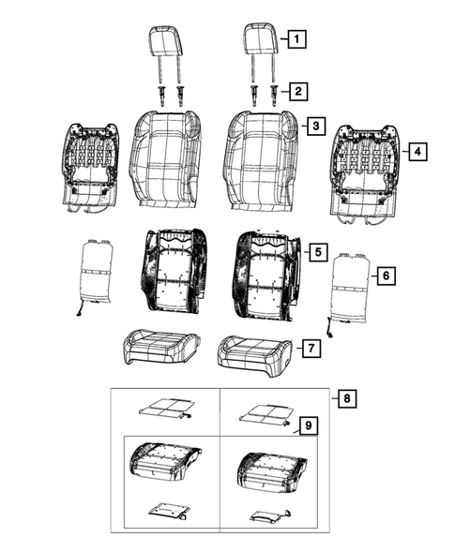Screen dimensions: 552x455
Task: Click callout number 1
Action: (296, 39)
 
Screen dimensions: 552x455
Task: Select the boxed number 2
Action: (296, 91)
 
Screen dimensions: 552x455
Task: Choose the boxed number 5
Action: (318, 252)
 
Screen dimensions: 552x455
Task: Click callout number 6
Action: (384, 276)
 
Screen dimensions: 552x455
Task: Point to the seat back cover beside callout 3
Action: (259, 157)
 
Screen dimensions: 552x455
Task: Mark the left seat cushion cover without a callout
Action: (157, 346)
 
